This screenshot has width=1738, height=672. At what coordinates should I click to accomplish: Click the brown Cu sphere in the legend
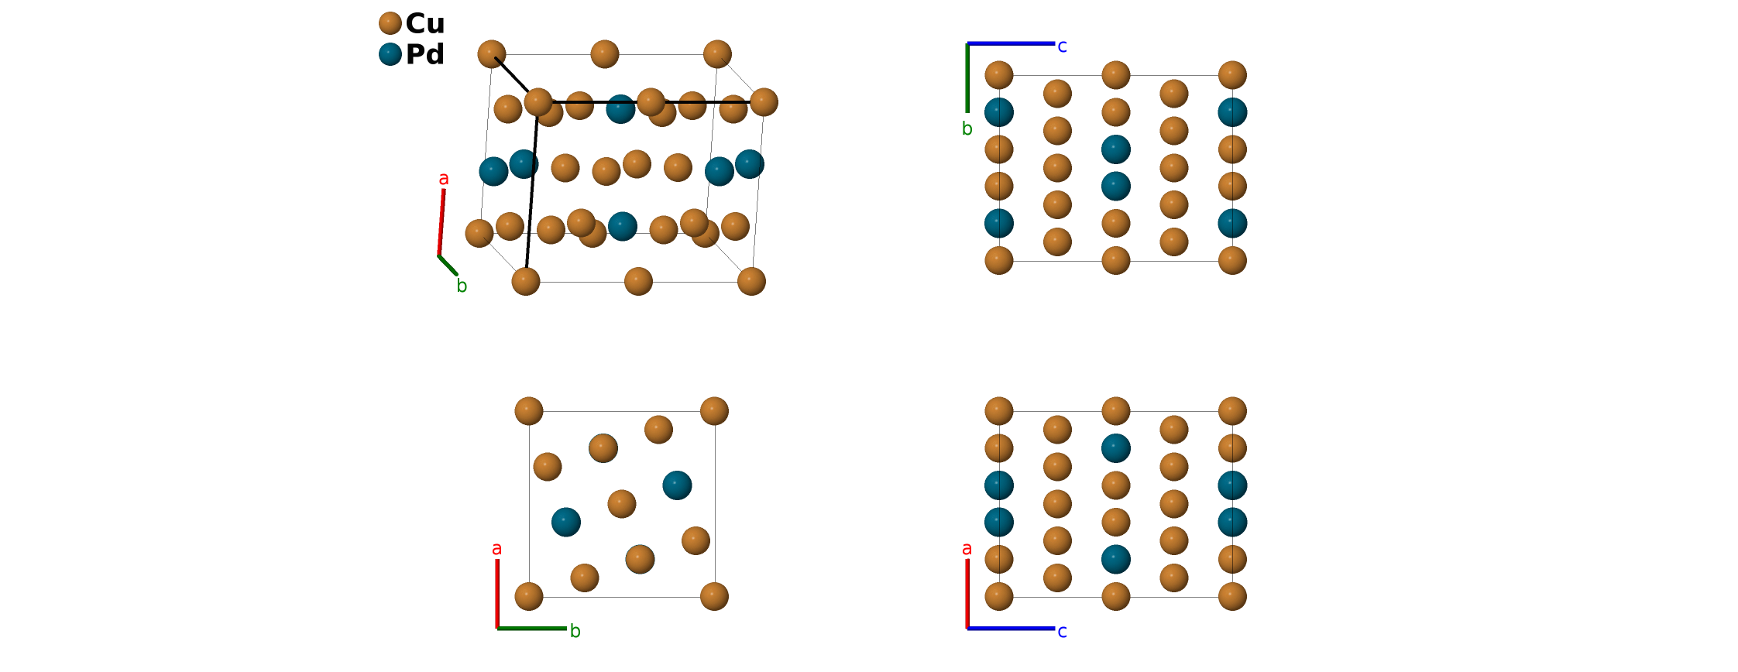click(390, 23)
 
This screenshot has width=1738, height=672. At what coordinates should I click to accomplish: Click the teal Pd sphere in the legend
click(390, 54)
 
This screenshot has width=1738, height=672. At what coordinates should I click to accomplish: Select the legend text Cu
click(425, 23)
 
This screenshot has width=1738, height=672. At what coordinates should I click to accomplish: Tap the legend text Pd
click(425, 54)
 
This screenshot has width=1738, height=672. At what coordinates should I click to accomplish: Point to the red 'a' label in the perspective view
click(444, 179)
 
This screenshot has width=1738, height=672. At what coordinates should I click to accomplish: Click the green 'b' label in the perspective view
click(462, 286)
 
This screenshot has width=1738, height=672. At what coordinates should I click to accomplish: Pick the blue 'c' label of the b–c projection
click(1062, 46)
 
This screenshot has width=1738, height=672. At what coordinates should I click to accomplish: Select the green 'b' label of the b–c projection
click(967, 129)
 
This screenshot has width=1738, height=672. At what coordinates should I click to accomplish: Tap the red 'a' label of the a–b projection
click(496, 549)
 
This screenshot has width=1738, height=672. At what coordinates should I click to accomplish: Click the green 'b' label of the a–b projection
click(575, 632)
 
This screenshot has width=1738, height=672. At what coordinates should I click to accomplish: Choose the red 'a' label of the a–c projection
click(967, 549)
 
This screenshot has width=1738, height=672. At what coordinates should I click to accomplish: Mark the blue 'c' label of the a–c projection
click(1062, 632)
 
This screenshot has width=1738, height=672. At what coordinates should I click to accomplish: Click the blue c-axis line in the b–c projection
click(1011, 43)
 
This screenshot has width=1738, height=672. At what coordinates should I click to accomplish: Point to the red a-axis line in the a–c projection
click(967, 593)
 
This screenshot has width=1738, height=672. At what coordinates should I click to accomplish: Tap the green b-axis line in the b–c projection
click(967, 77)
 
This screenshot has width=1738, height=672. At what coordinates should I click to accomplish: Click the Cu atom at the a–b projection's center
click(622, 504)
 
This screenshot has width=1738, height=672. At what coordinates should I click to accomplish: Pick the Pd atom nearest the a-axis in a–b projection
click(566, 523)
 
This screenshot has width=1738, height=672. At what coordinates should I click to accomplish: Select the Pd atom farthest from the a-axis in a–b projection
click(677, 485)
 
